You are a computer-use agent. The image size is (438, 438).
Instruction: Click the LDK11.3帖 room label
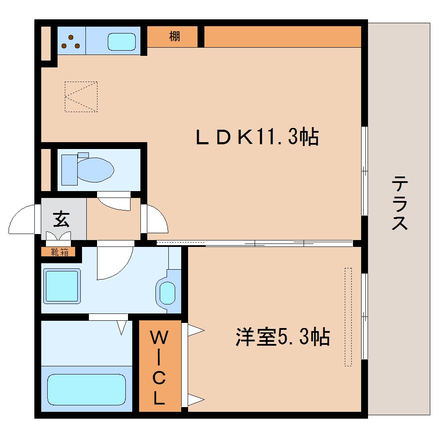257,137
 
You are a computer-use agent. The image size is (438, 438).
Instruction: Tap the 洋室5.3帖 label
282,337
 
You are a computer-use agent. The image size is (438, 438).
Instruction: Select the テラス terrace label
399,203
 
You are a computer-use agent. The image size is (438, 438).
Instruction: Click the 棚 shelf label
174,37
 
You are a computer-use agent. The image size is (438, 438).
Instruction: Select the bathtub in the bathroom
86,389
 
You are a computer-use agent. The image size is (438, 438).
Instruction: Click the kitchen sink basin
122,42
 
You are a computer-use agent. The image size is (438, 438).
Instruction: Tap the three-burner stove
71,41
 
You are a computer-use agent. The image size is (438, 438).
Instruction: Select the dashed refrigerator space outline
81,97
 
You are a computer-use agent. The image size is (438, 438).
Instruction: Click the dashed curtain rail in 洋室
348,317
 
